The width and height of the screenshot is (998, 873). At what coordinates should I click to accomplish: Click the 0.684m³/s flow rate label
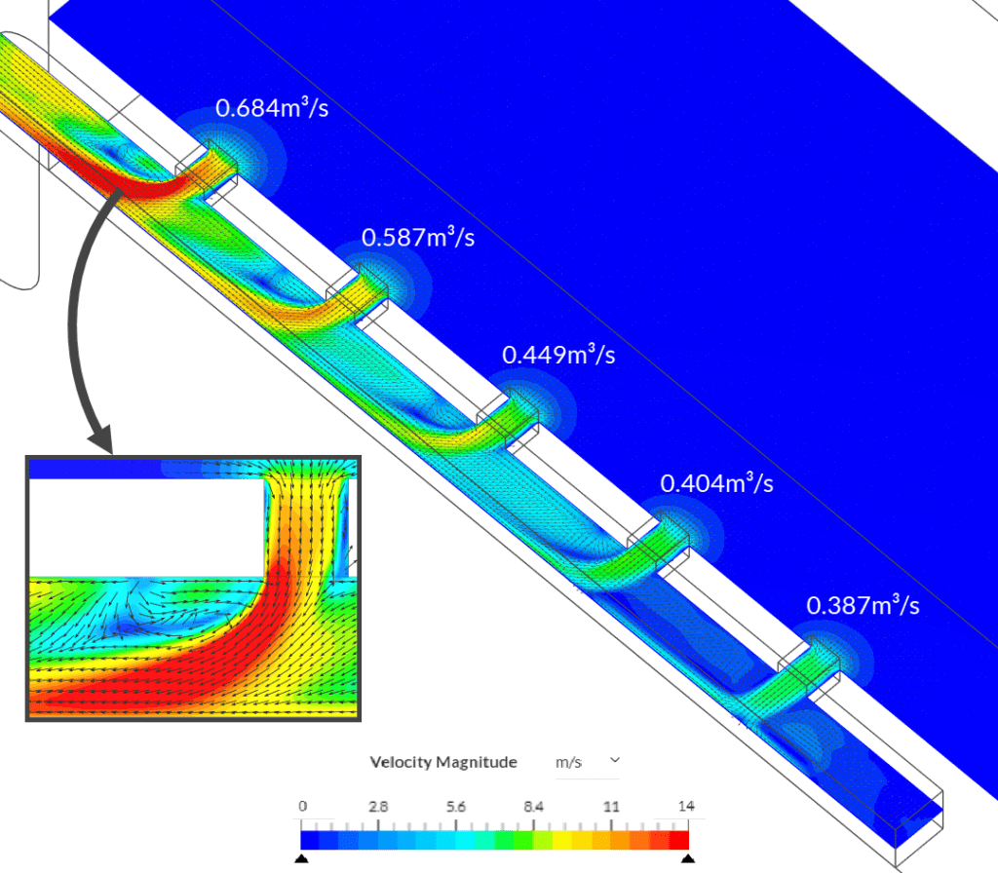coord(272,107)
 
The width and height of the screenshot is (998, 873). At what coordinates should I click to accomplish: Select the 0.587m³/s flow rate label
coord(418,236)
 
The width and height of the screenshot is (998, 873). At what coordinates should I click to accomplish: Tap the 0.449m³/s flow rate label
coord(558,354)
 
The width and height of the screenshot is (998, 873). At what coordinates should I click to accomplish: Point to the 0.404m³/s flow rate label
coord(716,482)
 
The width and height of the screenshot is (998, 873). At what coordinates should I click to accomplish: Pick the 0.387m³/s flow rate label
coord(863,605)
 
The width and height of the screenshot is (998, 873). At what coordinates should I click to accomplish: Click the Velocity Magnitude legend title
coord(443,762)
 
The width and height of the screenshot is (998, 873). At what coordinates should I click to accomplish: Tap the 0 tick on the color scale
coord(302,807)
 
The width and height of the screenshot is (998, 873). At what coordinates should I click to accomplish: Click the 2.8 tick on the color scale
coord(379,807)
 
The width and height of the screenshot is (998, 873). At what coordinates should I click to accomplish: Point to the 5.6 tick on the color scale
coord(456,807)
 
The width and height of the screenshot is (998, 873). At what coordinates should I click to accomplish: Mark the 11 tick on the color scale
coord(612,807)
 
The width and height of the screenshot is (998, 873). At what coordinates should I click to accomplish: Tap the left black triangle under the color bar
coord(302,857)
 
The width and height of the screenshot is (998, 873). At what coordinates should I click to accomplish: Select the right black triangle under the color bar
coord(688,857)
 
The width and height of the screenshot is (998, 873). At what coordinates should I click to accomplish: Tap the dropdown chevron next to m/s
coord(614,758)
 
